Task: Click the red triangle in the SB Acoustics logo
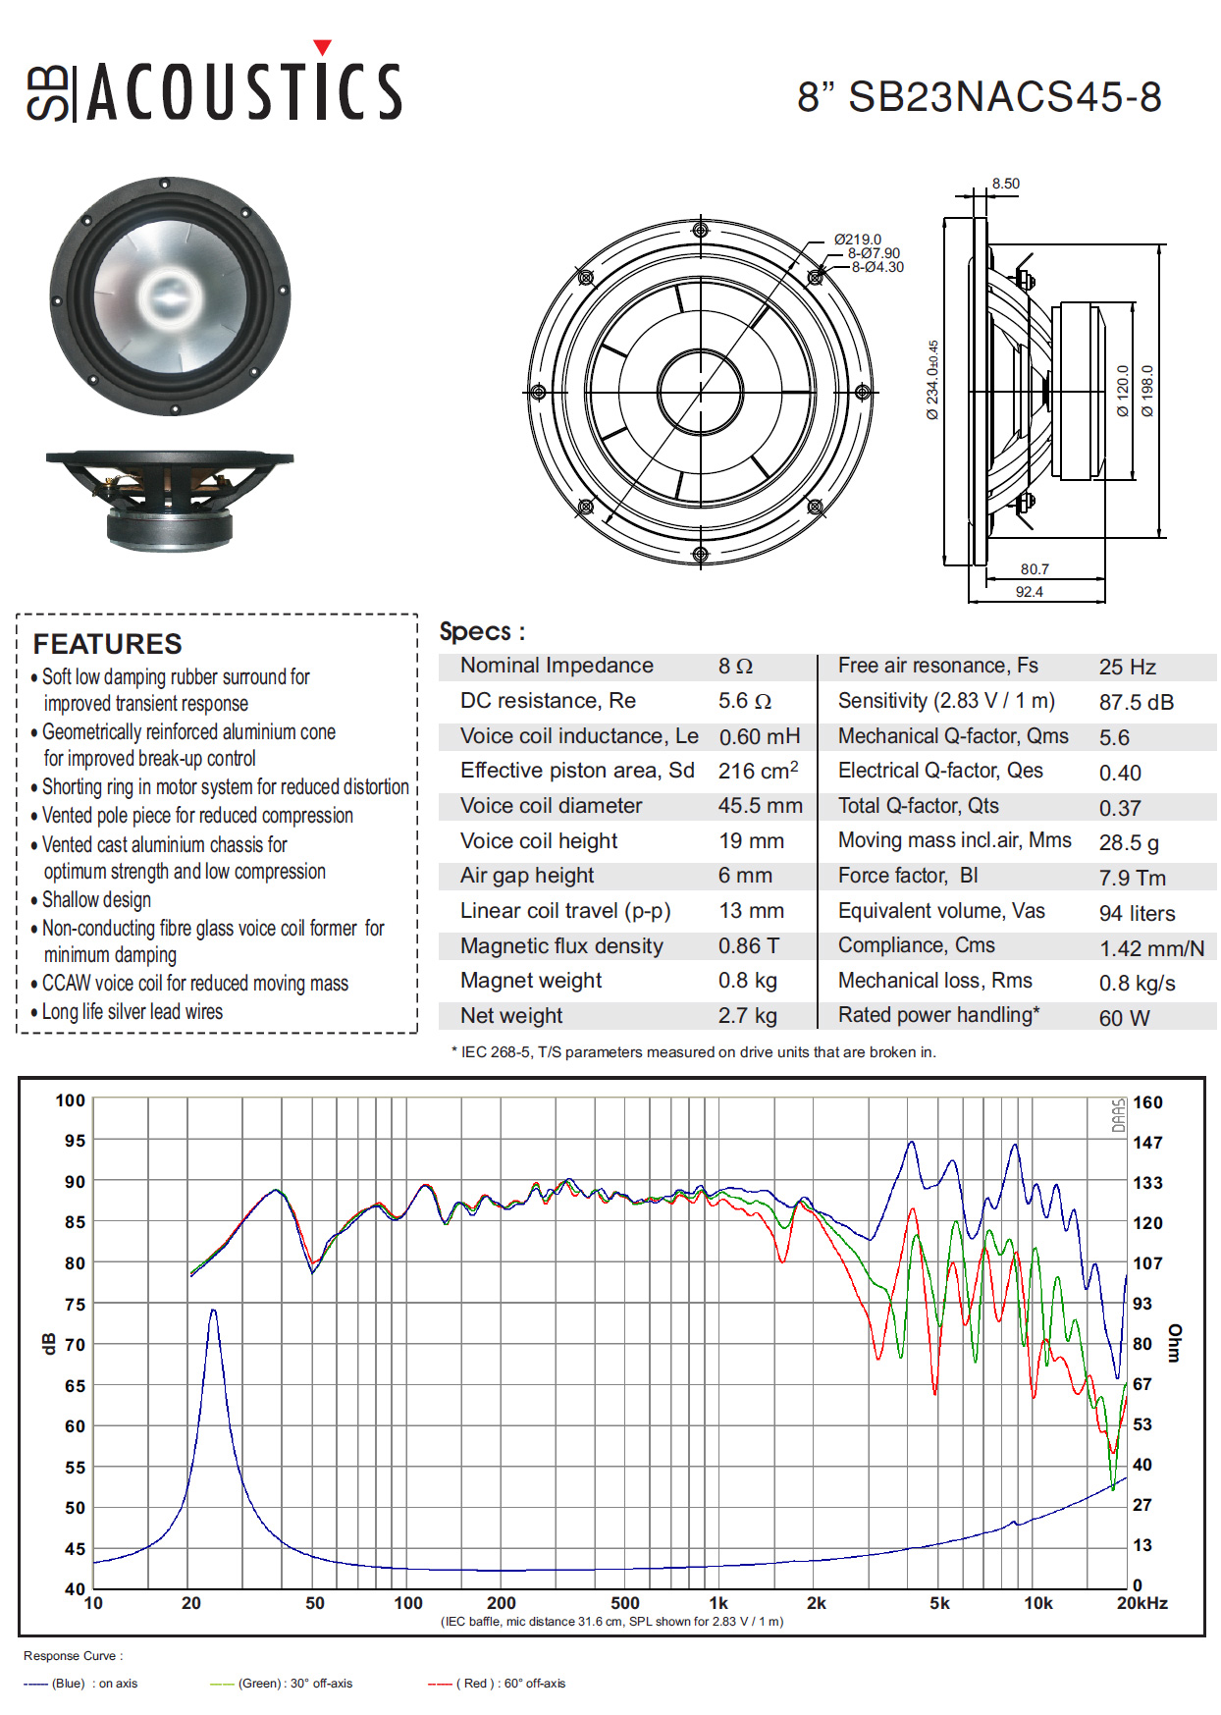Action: (322, 47)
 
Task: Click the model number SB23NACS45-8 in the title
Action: (1005, 97)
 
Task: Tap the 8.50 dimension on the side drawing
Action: (1005, 184)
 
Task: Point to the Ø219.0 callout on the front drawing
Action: (858, 240)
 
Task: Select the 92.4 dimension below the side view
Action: (1030, 592)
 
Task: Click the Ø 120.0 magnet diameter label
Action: (1123, 392)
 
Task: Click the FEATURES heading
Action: (108, 644)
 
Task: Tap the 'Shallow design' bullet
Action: (96, 900)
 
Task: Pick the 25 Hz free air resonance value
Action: (1128, 668)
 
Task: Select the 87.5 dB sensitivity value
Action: (1137, 703)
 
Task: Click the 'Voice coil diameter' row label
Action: (551, 806)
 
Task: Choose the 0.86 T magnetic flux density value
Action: (749, 946)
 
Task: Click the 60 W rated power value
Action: (1124, 1019)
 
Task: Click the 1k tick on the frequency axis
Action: (718, 1603)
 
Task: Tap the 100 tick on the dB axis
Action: (71, 1100)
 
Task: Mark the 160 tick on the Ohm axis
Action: (1147, 1102)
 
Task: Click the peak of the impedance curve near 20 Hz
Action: (213, 1310)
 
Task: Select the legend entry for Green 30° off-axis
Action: (282, 1684)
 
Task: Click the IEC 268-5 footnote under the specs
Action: (694, 1052)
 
